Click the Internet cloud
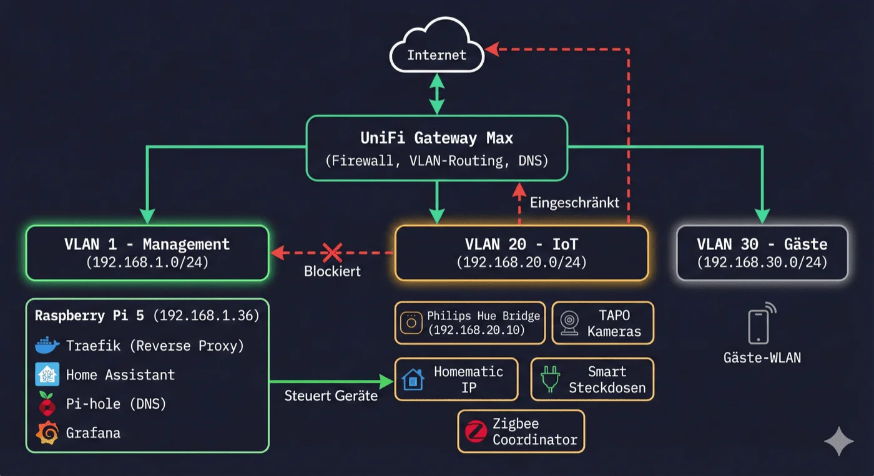(436, 54)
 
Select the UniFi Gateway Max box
(436, 148)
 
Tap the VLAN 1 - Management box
(147, 253)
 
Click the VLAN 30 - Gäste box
(762, 253)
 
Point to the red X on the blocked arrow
(331, 253)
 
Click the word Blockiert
(332, 272)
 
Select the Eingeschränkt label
(574, 203)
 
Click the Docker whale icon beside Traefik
(47, 345)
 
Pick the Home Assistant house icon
(47, 374)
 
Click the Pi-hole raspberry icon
(47, 404)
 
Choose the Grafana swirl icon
(47, 433)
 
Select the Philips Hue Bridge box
(469, 323)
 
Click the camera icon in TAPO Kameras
(569, 323)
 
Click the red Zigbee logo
(476, 431)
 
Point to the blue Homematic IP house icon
(413, 379)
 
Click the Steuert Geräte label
(331, 396)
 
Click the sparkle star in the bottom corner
(838, 441)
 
